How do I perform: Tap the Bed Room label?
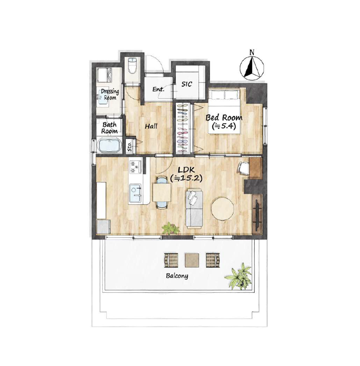tap(224, 118)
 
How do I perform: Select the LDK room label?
tap(186, 169)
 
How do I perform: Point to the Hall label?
tap(151, 126)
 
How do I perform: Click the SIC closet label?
tap(187, 84)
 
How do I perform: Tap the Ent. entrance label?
tap(158, 89)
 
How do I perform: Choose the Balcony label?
tap(177, 276)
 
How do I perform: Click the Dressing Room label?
tap(110, 94)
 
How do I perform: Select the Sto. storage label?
tap(130, 146)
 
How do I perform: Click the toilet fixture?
tap(132, 65)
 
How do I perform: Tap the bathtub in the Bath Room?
tap(109, 145)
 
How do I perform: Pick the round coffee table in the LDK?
tap(223, 209)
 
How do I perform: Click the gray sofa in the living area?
tap(194, 209)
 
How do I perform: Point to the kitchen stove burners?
tap(135, 167)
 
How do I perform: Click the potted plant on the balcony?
tap(239, 276)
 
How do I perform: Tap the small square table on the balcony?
tap(192, 260)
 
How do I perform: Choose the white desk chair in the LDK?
tap(243, 168)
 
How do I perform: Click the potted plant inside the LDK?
tap(171, 228)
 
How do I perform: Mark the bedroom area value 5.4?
tap(224, 127)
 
